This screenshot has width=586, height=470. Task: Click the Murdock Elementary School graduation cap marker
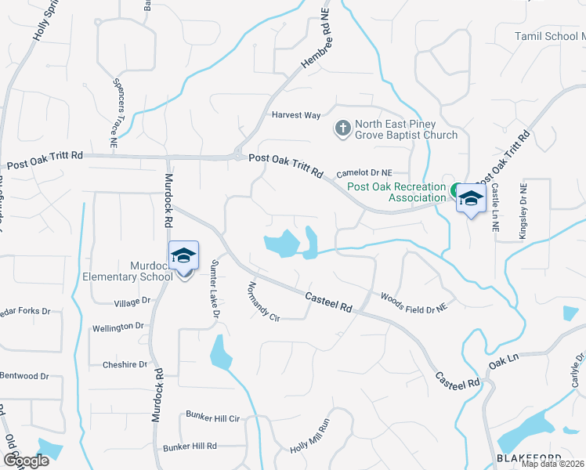183,257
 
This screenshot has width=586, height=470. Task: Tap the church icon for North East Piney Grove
342,128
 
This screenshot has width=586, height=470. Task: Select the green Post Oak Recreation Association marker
455,189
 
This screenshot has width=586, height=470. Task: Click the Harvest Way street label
296,115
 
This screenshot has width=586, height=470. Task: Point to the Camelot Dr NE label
364,173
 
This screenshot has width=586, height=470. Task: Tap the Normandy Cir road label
263,302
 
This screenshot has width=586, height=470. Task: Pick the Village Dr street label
132,302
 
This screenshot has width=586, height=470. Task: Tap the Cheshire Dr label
125,364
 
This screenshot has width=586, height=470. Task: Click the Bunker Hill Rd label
190,446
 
